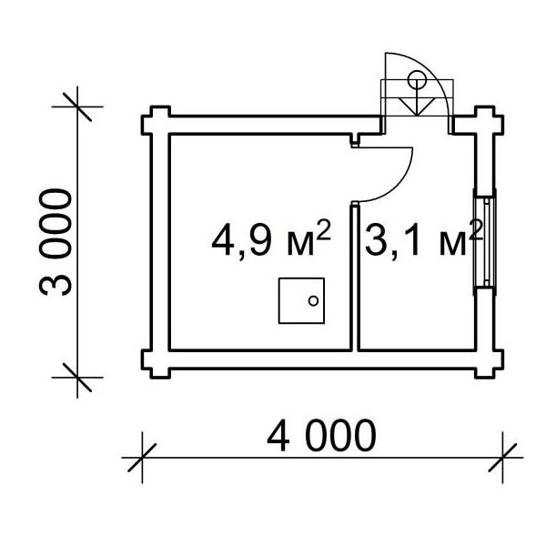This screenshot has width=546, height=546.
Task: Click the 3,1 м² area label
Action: (423, 240)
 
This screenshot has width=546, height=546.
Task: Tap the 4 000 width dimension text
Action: (320, 437)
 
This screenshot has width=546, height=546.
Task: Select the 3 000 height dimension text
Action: (54, 242)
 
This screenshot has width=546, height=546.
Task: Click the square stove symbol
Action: (301, 301)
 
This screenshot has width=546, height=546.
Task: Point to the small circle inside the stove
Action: (314, 301)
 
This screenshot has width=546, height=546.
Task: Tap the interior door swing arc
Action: (400, 177)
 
